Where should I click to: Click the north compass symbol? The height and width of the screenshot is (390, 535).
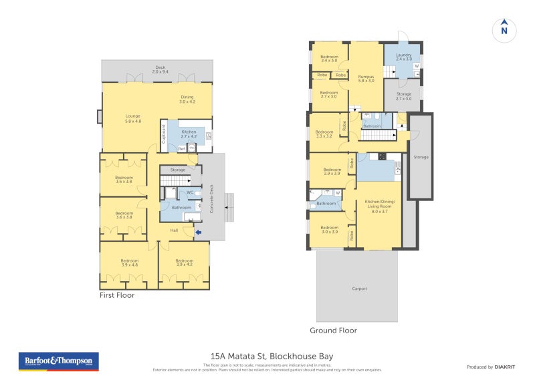point(504,30)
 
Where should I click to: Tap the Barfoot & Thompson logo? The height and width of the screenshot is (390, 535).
point(58,361)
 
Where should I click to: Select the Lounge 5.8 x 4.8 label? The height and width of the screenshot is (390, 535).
point(133,119)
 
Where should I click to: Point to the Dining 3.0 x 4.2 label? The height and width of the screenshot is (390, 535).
point(187,100)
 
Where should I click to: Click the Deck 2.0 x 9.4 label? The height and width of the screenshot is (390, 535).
point(160,69)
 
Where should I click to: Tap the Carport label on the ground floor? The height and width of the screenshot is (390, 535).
point(359,288)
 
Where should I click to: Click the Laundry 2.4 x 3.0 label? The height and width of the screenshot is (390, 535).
point(403,57)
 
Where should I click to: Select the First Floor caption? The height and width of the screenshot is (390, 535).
point(117,295)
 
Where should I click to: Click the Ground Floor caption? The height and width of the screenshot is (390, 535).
point(333,330)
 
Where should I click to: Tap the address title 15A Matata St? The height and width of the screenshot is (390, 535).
point(272,357)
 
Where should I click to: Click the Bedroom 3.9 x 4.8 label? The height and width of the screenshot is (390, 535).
point(129,262)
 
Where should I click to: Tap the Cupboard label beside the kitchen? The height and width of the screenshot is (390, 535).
point(163,134)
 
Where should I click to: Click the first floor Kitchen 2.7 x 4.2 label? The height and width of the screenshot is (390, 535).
point(189,134)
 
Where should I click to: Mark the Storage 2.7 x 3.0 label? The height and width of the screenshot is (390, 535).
point(404,96)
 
